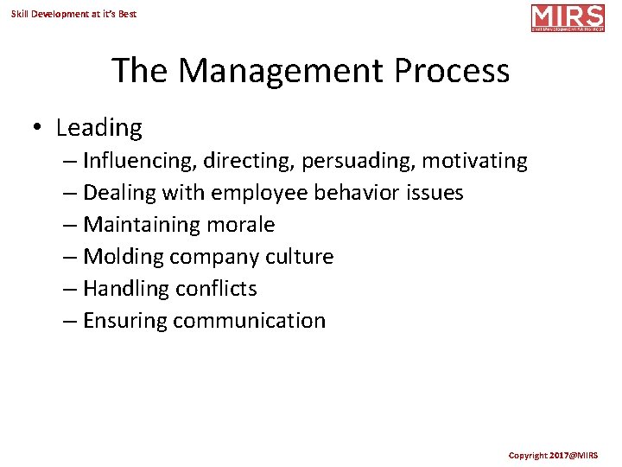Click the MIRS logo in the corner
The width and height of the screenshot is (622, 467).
coord(568,17)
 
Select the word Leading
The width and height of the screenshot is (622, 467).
coord(98,128)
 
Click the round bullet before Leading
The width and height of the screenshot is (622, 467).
coord(37,128)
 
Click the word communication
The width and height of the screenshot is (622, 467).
coord(249,321)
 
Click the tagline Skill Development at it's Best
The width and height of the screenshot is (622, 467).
coord(73,14)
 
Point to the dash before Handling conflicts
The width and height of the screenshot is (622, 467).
coord(71,289)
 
